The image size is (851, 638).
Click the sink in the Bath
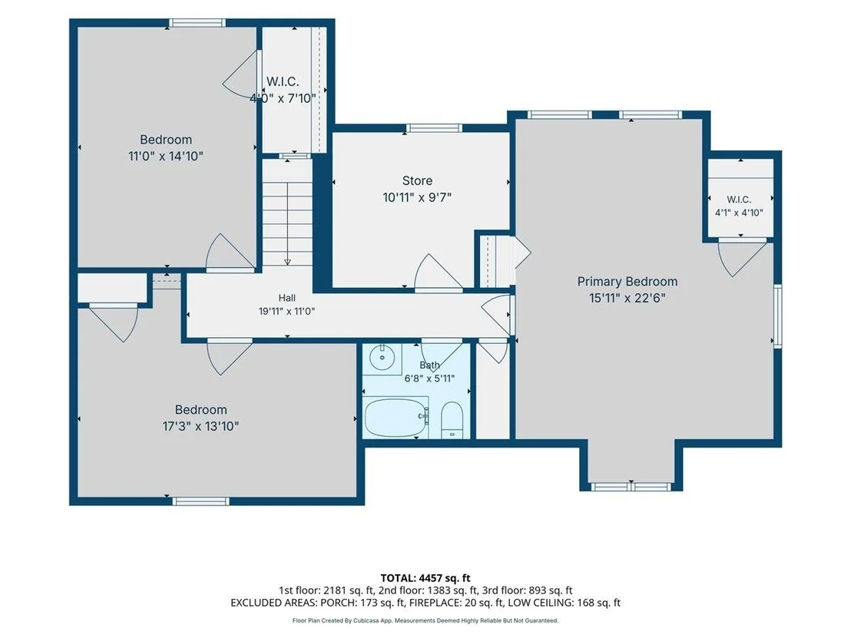click(382, 358)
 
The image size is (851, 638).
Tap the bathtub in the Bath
click(396, 417)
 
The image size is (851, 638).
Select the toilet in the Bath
click(452, 421)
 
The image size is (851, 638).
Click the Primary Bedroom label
click(627, 282)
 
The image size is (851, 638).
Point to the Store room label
click(417, 180)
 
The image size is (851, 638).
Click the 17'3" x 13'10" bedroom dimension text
click(200, 426)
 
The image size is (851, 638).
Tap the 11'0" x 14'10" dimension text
click(166, 157)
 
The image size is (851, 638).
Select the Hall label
click(287, 298)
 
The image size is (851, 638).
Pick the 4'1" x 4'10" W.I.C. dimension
click(739, 213)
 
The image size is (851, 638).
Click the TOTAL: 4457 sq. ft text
click(425, 578)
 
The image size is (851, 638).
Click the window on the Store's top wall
click(434, 128)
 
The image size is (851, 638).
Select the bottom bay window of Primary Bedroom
click(631, 487)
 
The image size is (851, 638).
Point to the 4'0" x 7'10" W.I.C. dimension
click(283, 98)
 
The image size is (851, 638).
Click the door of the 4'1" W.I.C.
click(741, 257)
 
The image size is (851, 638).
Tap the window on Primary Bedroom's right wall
click(778, 316)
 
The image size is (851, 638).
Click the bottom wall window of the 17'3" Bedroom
click(200, 501)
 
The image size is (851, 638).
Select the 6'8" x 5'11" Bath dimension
click(429, 379)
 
